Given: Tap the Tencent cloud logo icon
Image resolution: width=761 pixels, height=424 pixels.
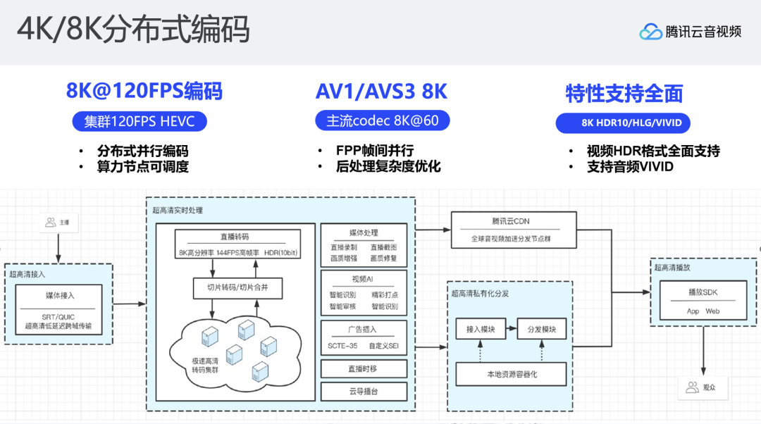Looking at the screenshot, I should click(650, 32).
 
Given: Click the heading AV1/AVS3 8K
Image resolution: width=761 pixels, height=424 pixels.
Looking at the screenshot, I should click(381, 92).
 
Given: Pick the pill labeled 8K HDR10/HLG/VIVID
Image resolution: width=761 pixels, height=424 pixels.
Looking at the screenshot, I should click(622, 123).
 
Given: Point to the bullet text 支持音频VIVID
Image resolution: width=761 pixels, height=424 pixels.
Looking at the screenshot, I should click(630, 167).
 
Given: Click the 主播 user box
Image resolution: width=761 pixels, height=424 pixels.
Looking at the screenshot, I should click(58, 223).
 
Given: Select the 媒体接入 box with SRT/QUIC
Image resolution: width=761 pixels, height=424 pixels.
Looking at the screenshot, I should click(60, 311).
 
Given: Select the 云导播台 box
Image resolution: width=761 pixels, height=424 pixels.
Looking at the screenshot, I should click(364, 392).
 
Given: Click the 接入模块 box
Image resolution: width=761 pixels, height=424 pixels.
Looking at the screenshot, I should click(481, 330).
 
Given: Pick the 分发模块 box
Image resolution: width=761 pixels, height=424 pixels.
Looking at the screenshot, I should click(543, 330).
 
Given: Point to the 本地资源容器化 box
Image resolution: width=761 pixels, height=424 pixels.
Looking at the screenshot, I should click(511, 374).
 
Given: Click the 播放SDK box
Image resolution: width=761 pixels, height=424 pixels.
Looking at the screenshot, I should click(703, 301).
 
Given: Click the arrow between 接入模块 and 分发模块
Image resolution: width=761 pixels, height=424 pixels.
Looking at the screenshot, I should click(512, 330).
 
